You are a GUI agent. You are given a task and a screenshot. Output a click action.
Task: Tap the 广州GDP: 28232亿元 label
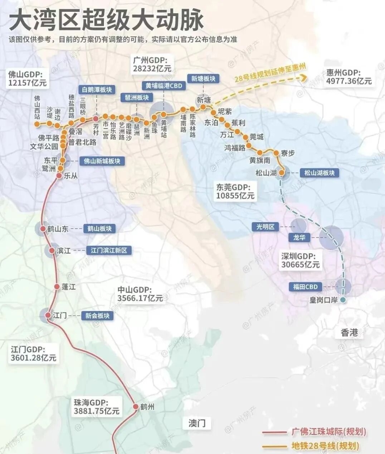tap(152, 64)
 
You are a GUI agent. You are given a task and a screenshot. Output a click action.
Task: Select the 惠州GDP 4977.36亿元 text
tap(349, 77)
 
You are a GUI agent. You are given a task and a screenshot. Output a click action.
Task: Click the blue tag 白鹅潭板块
tap(97, 90)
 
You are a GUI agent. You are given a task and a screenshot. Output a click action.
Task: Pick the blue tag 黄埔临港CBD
tap(164, 86)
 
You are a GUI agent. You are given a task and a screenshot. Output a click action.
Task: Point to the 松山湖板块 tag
tap(319, 173)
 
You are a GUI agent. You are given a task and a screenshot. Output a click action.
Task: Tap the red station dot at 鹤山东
tap(43, 229)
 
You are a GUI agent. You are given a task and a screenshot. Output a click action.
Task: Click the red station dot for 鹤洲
tap(136, 406)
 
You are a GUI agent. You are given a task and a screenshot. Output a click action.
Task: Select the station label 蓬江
tap(69, 287)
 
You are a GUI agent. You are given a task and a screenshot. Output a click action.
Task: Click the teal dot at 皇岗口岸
tap(343, 300)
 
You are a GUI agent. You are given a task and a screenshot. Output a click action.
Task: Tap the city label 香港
tap(349, 333)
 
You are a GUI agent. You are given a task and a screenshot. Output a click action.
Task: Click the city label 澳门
tap(197, 423)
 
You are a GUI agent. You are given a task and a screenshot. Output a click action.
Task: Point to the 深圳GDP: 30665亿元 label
tap(300, 261)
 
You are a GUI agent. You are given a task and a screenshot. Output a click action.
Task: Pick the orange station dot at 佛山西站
tap(37, 124)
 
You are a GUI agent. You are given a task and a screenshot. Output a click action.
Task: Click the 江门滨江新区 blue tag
tap(109, 250)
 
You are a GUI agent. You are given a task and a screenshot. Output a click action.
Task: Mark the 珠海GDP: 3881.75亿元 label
tap(96, 407)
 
